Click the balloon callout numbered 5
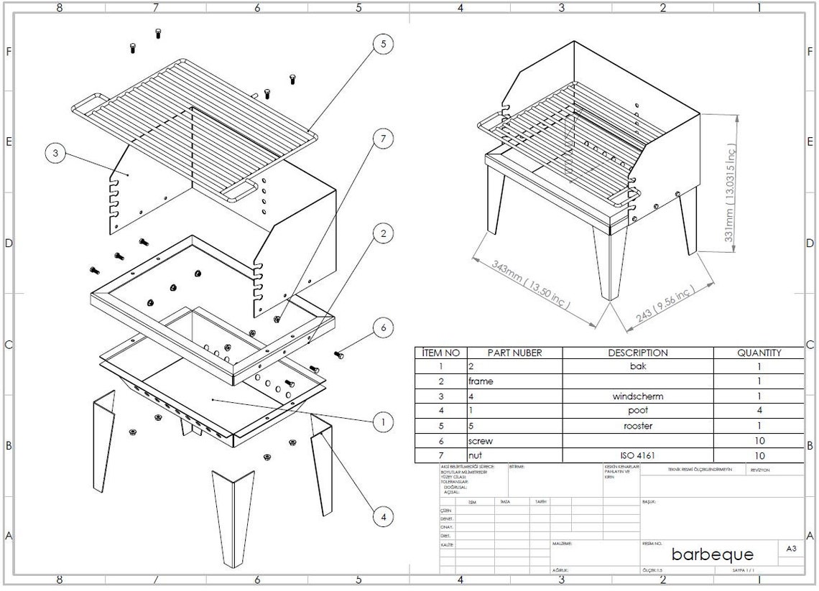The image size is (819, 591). click(x=384, y=45)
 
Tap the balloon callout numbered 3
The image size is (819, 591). click(x=55, y=153)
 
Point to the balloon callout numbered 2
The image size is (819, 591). click(x=384, y=233)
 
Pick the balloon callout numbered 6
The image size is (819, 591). click(x=384, y=327)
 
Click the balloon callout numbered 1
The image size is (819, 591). click(x=384, y=422)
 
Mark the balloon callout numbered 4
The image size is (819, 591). click(x=384, y=516)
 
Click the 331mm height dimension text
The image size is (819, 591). click(x=731, y=192)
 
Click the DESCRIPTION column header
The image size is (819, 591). click(x=637, y=353)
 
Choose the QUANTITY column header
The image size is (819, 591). click(x=759, y=353)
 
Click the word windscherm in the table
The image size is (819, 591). click(x=637, y=396)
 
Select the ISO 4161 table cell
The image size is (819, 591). click(x=637, y=455)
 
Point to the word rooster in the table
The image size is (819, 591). click(x=637, y=426)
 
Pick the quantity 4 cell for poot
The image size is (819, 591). click(x=759, y=411)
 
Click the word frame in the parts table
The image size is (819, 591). click(x=481, y=381)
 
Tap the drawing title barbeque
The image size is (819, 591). click(x=713, y=554)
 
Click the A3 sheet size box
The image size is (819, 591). click(x=791, y=549)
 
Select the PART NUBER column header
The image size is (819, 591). click(x=514, y=353)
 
